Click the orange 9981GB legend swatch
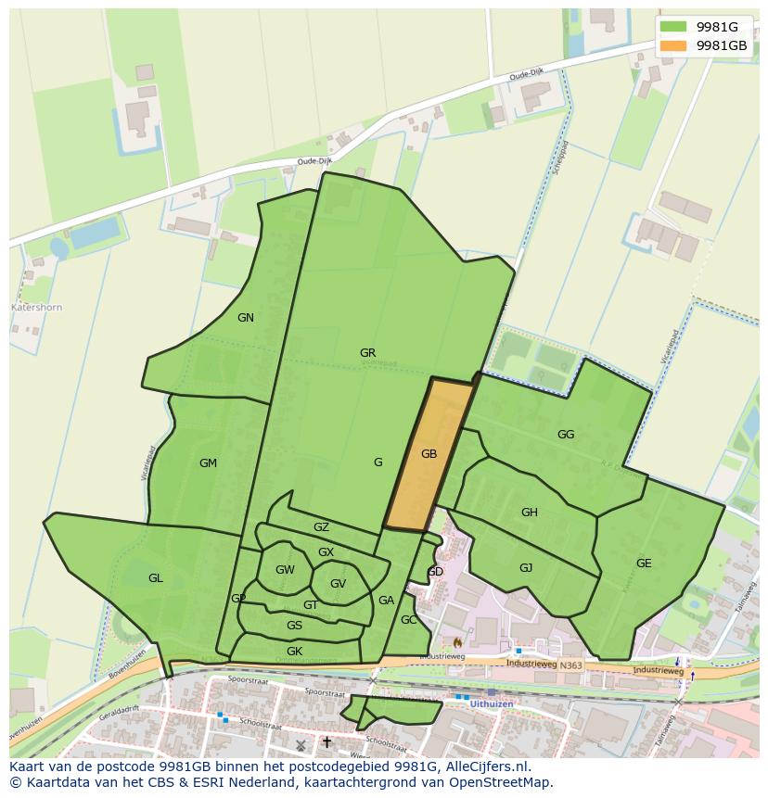tap(674, 45)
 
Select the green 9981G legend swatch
tap(674, 27)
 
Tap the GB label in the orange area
tap(429, 454)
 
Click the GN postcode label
tap(246, 318)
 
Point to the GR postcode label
tap(368, 353)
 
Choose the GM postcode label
tap(208, 463)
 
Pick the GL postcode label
tap(155, 578)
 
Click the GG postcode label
tap(566, 435)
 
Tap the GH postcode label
tap(530, 513)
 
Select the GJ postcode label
tap(526, 568)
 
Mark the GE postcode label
tap(644, 564)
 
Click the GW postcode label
tap(285, 570)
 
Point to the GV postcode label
tap(338, 584)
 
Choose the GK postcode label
tap(294, 652)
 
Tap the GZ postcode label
tap(321, 527)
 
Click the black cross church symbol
tap(326, 742)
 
